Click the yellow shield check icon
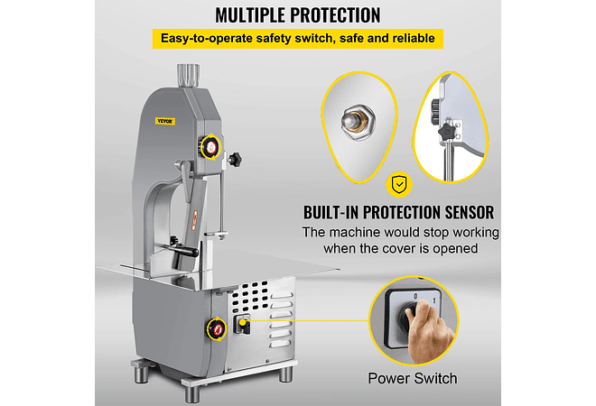click(x=397, y=186)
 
